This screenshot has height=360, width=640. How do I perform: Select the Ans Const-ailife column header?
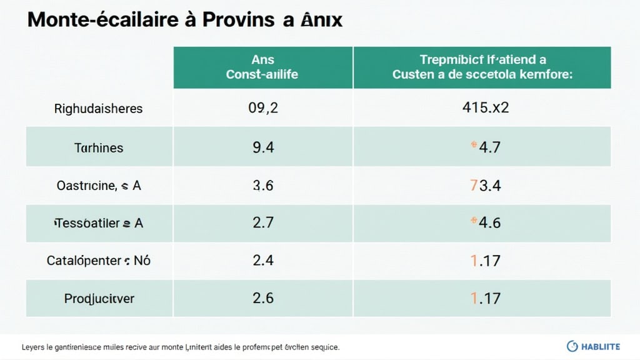pos(263,67)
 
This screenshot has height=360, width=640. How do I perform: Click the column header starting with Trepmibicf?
pos(482,67)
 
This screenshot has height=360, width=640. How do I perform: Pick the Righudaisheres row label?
pos(98,109)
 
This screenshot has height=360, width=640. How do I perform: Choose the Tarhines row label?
pos(99,147)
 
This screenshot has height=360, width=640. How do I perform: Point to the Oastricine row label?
pos(98,186)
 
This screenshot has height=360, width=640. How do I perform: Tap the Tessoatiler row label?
pos(98,222)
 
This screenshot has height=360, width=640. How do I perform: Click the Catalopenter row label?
pos(98,260)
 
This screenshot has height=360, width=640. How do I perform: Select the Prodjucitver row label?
pos(99,299)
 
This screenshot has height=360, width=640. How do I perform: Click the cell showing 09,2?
pos(263,108)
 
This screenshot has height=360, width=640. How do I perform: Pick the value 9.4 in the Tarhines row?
pos(263,147)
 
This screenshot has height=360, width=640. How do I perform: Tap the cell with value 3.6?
pos(263,186)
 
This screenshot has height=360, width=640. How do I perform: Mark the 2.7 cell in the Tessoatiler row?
pos(263,222)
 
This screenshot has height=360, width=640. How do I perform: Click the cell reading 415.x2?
pos(482,108)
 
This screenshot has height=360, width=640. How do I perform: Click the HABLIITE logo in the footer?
pos(594,346)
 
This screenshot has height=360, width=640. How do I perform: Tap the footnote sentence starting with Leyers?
pos(181,346)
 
